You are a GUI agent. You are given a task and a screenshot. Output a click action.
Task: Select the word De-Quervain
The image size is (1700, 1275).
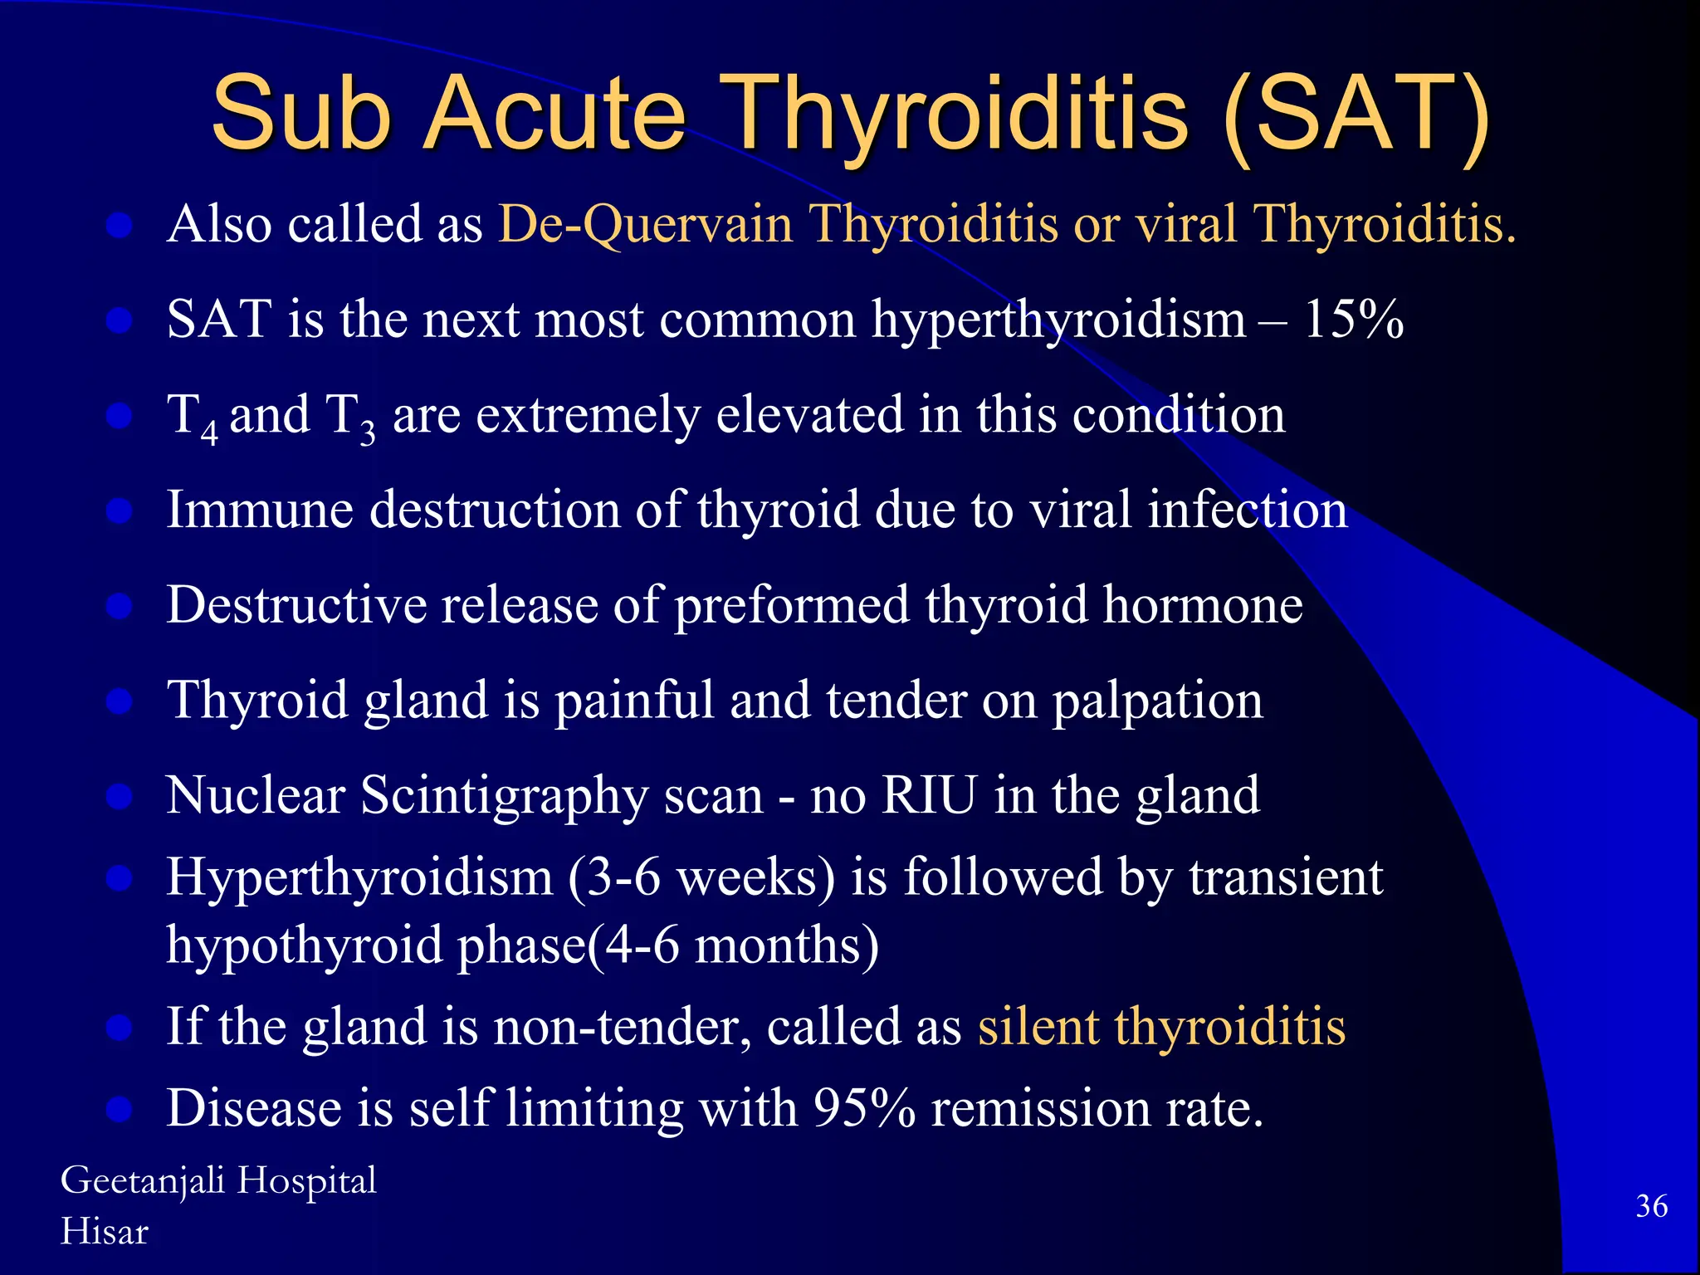pyautogui.click(x=646, y=224)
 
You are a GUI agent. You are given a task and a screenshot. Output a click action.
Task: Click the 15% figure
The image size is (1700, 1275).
pyautogui.click(x=1353, y=319)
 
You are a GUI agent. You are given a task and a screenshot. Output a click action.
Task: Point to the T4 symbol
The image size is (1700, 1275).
pyautogui.click(x=192, y=418)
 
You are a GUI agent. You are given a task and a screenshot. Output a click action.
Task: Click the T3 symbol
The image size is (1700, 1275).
pyautogui.click(x=349, y=418)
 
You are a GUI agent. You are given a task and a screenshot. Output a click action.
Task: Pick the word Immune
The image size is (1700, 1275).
pyautogui.click(x=260, y=509)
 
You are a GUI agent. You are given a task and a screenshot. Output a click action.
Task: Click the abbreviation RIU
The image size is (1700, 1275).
pyautogui.click(x=929, y=795)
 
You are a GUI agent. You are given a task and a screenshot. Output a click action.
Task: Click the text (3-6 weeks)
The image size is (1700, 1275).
pyautogui.click(x=701, y=877)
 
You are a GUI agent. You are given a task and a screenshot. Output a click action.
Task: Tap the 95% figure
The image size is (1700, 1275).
pyautogui.click(x=863, y=1108)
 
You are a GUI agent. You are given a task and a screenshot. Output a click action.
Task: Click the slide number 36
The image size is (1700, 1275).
pyautogui.click(x=1651, y=1206)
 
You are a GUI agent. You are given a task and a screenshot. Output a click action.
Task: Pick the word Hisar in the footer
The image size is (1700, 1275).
pyautogui.click(x=104, y=1232)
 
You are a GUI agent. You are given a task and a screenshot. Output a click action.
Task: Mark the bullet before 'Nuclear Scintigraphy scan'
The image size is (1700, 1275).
pyautogui.click(x=120, y=796)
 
